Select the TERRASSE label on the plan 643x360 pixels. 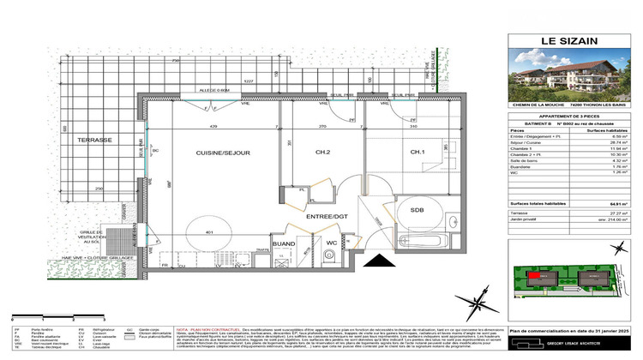click(92, 140)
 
